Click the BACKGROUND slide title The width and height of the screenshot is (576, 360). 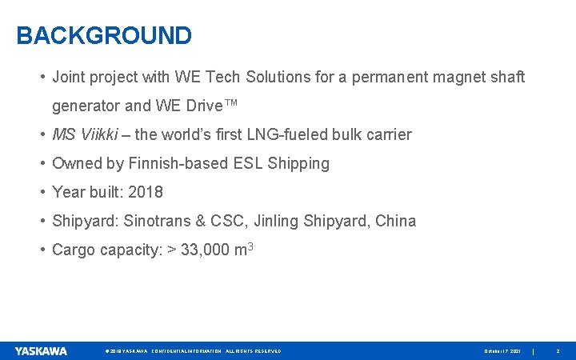104,36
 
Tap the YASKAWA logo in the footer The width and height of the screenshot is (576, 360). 41,350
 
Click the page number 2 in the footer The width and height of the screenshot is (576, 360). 558,351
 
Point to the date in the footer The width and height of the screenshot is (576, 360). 502,351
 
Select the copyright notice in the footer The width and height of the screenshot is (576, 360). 193,351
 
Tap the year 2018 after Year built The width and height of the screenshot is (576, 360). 145,192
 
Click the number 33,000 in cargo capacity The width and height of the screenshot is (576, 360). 205,250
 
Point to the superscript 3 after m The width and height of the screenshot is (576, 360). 250,246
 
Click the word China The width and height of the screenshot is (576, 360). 395,221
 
